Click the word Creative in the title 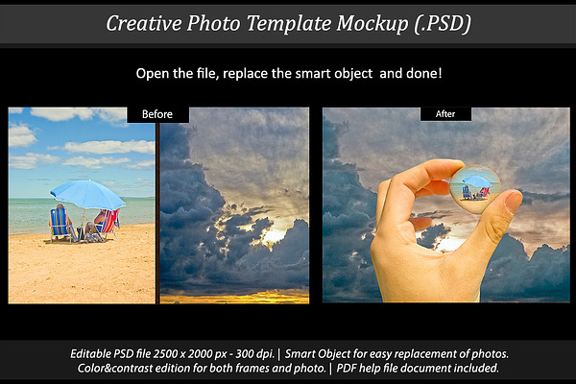click(144, 23)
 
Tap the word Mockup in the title click(372, 24)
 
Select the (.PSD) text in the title click(443, 24)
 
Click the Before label click(157, 114)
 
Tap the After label click(445, 114)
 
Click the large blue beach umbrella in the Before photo click(87, 194)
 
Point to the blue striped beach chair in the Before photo click(60, 224)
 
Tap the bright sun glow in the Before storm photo click(273, 234)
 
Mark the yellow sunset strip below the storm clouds click(235, 297)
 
